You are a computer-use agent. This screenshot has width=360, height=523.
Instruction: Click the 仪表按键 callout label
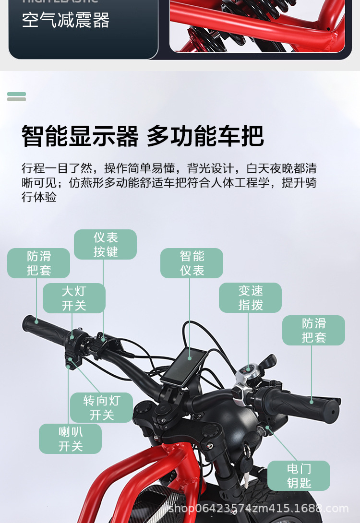tap(105, 245)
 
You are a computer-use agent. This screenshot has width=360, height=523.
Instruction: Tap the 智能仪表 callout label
tap(192, 263)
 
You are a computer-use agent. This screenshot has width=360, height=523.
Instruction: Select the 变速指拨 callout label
tap(250, 297)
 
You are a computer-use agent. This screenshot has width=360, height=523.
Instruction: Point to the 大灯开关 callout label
tap(74, 298)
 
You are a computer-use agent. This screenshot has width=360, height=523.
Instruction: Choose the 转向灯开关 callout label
tap(101, 407)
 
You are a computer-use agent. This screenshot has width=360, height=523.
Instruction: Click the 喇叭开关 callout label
tap(70, 439)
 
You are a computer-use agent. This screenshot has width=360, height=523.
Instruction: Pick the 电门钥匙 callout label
tap(299, 475)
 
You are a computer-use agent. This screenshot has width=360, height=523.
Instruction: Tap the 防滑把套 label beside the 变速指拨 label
tap(313, 330)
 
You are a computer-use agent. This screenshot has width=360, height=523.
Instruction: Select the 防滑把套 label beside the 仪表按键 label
tap(38, 263)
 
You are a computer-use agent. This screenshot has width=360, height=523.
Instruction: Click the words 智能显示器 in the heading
tap(80, 136)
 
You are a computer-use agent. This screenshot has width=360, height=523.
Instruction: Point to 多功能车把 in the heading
tap(205, 136)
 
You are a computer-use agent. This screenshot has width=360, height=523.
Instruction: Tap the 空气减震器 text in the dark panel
tap(66, 21)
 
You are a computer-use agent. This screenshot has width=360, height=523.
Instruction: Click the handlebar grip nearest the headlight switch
tap(46, 329)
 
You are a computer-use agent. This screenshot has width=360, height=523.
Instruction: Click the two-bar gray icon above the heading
tap(17, 96)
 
